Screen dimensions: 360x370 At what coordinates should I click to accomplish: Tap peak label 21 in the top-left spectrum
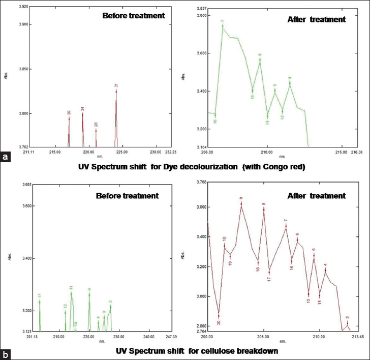[x=116, y=85]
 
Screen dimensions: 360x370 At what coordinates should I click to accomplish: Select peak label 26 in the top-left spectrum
[x=69, y=112]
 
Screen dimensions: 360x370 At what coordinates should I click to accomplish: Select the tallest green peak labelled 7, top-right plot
[x=223, y=21]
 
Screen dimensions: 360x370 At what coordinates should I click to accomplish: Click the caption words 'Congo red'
[x=286, y=167]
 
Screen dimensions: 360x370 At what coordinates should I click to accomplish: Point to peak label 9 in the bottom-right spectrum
[x=241, y=199]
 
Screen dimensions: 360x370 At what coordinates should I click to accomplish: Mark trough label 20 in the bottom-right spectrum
[x=219, y=322]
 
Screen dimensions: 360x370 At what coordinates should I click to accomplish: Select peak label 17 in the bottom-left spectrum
[x=39, y=295]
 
